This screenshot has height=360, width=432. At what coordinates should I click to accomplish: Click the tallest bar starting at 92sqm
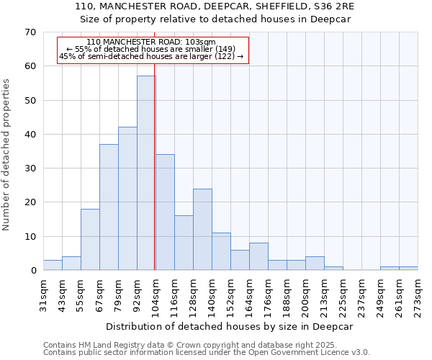146,173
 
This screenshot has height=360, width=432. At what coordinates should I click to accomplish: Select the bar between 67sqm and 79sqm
109,207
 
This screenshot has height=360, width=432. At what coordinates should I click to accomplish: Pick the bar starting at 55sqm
90,239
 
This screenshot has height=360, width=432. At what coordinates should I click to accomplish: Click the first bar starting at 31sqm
53,265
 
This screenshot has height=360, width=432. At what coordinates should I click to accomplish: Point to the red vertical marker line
155,180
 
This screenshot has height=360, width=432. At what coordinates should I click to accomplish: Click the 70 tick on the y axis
30,32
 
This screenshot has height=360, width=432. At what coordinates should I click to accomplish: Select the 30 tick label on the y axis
30,168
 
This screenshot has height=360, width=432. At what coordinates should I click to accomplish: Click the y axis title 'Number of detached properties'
6,155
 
